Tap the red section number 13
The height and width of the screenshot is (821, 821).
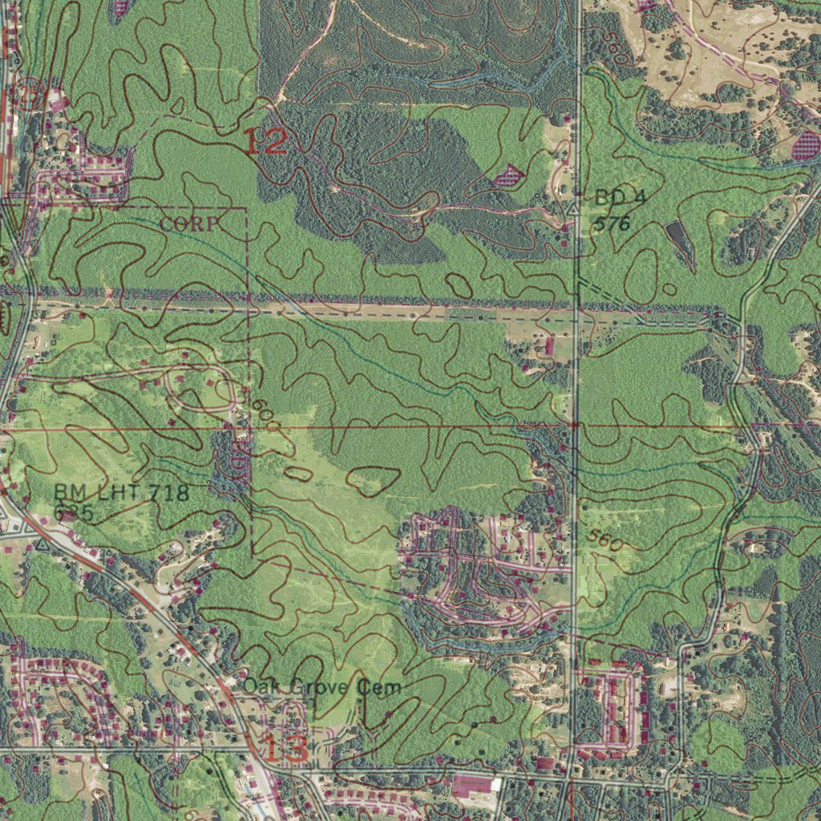coord(285,750)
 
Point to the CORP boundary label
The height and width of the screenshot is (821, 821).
coord(188,224)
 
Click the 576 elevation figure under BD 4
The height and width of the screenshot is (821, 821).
coord(613,224)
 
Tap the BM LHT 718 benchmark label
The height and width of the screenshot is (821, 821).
coord(122,492)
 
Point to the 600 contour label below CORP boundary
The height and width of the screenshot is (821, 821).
coord(265,417)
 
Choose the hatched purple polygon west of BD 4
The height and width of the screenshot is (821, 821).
coord(508,176)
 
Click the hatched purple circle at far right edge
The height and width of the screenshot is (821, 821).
coord(806,145)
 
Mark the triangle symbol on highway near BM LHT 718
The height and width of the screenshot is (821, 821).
coord(41,544)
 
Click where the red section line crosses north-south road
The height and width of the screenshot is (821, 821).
coord(575,426)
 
